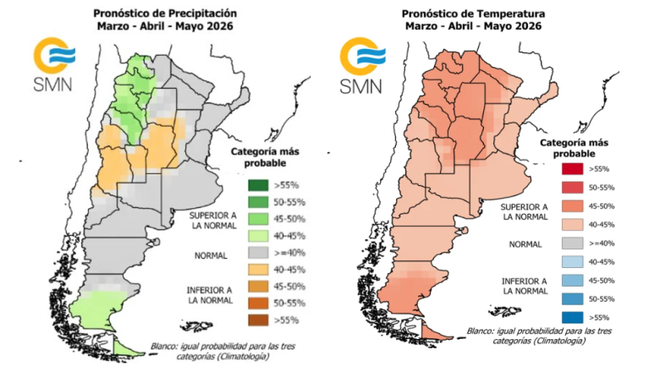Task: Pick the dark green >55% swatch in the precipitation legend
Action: (258, 185)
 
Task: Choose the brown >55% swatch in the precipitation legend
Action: (258, 320)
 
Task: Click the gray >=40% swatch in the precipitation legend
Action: (258, 252)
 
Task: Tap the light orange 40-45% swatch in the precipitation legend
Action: (258, 269)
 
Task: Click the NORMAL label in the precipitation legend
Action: (213, 252)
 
